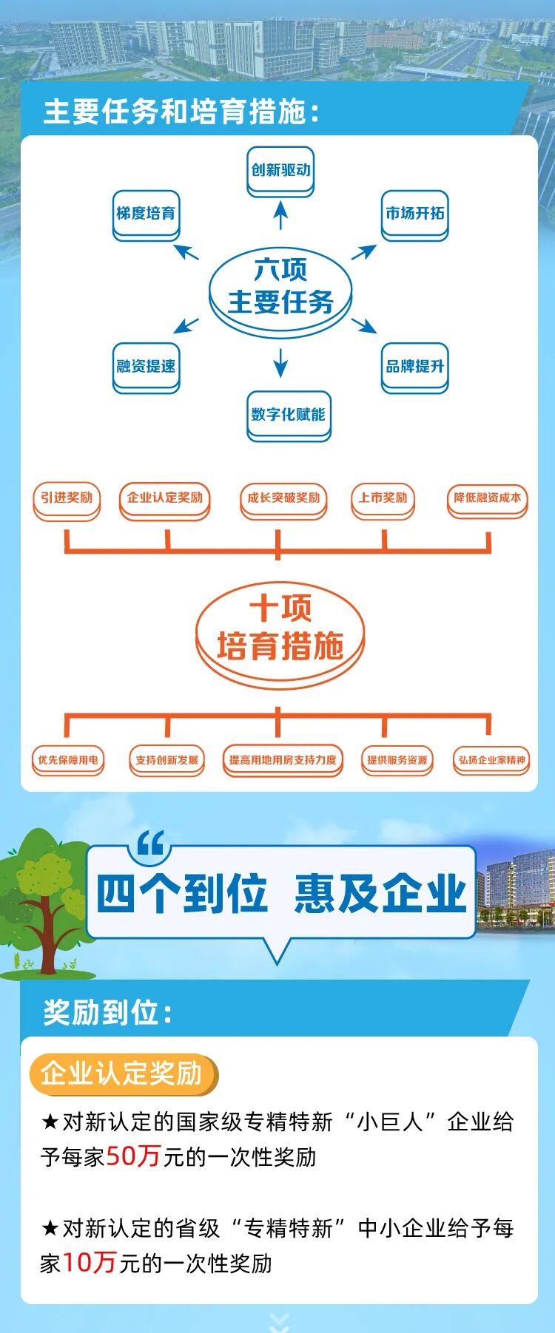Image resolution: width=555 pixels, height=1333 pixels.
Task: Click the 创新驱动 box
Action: (280, 171)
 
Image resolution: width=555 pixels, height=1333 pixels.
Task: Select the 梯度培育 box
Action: (146, 214)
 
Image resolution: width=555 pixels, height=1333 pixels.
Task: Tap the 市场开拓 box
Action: (414, 214)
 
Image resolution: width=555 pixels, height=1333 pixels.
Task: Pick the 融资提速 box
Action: (146, 367)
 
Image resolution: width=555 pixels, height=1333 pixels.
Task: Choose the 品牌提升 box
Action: (414, 367)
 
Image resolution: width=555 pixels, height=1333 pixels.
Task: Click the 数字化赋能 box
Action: (288, 415)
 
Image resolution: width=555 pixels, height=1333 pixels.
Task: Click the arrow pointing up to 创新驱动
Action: (280, 215)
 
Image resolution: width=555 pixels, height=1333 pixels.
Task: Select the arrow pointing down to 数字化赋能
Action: (280, 362)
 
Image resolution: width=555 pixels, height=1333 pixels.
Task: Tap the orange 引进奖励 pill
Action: (67, 498)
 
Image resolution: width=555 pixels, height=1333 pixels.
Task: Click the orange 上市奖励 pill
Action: (383, 498)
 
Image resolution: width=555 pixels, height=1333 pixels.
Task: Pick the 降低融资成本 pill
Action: (487, 499)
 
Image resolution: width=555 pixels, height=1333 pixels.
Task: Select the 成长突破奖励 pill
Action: (283, 499)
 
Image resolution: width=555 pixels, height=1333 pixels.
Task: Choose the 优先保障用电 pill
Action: (67, 760)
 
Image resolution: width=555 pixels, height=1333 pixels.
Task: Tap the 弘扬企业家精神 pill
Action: (491, 760)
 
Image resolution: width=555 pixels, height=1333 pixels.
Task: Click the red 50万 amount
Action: (133, 1156)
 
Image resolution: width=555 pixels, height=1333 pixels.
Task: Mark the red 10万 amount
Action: (89, 1262)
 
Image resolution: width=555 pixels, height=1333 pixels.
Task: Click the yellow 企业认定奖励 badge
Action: (122, 1073)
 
